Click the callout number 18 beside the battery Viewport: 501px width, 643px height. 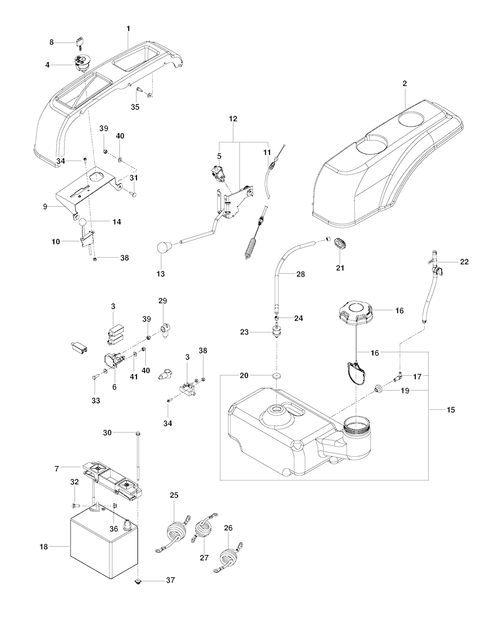tap(44, 547)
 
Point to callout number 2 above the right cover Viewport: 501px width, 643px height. tap(405, 84)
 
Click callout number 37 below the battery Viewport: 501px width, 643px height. tap(170, 580)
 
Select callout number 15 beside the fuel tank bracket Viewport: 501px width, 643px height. tap(451, 410)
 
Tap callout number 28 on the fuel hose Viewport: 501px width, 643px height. tap(300, 274)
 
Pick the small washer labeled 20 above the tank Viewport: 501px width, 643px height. tap(277, 376)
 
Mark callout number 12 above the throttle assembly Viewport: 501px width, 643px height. tap(233, 119)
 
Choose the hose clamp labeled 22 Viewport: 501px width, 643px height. tap(435, 267)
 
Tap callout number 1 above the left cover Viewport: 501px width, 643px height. tap(128, 29)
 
